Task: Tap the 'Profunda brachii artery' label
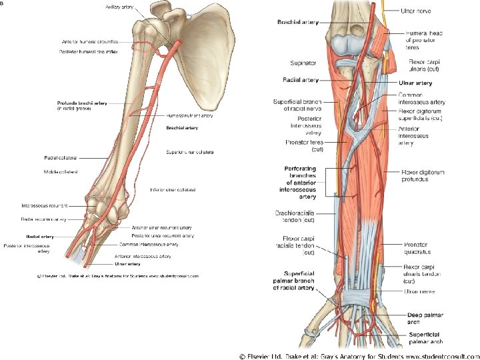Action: pyautogui.click(x=82, y=103)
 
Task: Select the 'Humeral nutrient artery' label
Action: pyautogui.click(x=189, y=115)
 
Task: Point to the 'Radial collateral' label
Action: pyautogui.click(x=61, y=158)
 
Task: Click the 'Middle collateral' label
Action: pyautogui.click(x=61, y=171)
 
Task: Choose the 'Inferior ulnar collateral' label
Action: pyautogui.click(x=173, y=190)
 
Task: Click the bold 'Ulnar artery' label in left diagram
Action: pyautogui.click(x=128, y=264)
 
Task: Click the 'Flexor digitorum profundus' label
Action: pyautogui.click(x=423, y=175)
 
